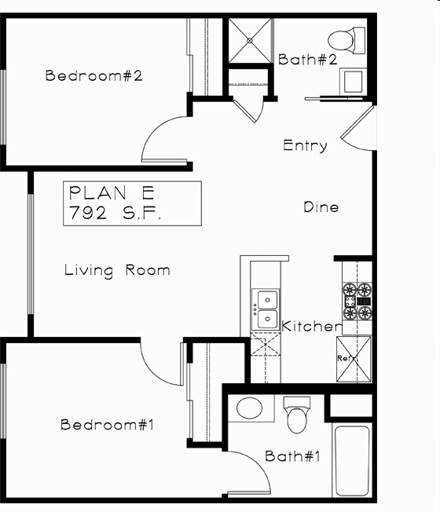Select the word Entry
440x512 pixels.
(305, 145)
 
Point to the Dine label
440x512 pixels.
(321, 207)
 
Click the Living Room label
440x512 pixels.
(116, 270)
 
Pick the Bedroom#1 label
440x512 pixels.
(106, 425)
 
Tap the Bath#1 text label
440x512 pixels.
(292, 456)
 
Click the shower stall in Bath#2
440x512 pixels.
(249, 39)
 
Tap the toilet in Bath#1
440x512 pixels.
(296, 416)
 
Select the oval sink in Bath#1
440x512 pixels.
(251, 408)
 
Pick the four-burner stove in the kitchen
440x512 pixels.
(355, 300)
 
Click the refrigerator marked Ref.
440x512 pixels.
(353, 358)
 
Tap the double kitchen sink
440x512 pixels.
(265, 309)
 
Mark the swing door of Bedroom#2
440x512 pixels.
(164, 139)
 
